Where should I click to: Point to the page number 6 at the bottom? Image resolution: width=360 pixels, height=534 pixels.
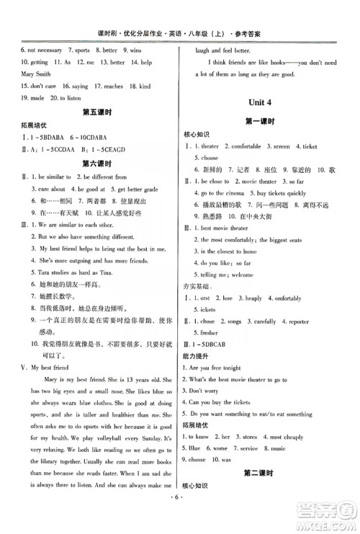pos(181,517)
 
